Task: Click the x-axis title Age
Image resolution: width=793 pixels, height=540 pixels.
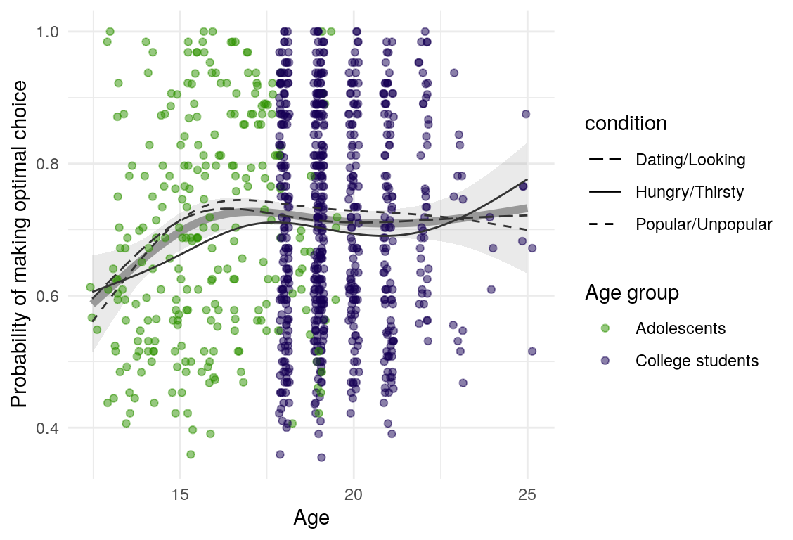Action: [311, 519]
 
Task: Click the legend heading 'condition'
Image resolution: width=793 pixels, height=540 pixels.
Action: [626, 124]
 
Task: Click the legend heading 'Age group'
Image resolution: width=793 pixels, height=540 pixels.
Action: [632, 293]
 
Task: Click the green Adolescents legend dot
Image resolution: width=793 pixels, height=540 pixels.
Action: [605, 328]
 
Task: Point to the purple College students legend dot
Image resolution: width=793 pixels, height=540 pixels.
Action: [605, 361]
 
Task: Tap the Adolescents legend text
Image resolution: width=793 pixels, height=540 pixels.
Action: [680, 328]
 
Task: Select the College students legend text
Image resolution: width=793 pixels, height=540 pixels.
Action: [697, 361]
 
